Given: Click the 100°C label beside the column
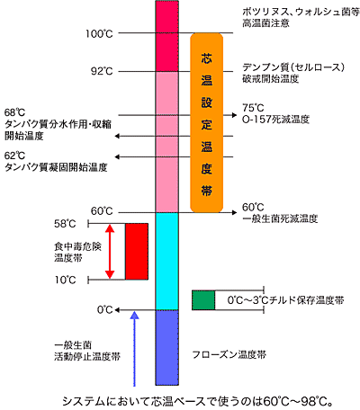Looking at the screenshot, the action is click(x=99, y=33).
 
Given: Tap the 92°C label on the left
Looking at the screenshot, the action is click(x=102, y=71).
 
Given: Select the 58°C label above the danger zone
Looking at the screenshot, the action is click(x=65, y=224).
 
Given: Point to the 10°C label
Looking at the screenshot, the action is click(x=65, y=280).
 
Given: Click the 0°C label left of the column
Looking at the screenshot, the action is click(x=105, y=309).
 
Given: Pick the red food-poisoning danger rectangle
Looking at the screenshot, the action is click(x=137, y=252).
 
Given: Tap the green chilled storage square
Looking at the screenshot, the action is click(x=203, y=300).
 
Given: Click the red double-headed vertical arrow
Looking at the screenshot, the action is click(x=110, y=252).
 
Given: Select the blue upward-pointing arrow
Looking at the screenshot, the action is click(x=135, y=349).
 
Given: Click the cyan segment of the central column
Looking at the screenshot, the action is click(x=166, y=261).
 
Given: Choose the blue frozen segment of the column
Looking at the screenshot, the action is click(x=166, y=348).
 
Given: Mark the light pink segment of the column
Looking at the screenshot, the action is click(x=166, y=142).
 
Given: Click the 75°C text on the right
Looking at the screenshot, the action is click(x=253, y=108).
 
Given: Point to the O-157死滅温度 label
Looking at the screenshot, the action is click(x=275, y=120).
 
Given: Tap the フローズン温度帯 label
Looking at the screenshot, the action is click(x=229, y=355).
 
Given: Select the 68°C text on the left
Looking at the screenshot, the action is click(x=14, y=112).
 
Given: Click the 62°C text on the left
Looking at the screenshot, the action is click(x=14, y=156).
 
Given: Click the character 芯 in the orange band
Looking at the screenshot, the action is click(x=206, y=58).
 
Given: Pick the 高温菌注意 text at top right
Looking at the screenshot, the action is click(x=265, y=23).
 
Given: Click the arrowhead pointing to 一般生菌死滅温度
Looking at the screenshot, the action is click(x=234, y=212).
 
